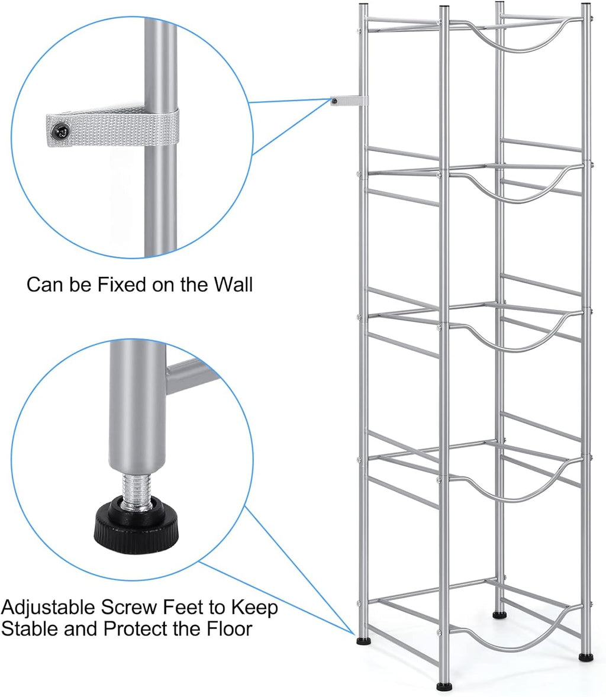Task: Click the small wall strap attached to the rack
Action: (x=348, y=102)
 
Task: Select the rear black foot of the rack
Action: (x=499, y=615)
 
